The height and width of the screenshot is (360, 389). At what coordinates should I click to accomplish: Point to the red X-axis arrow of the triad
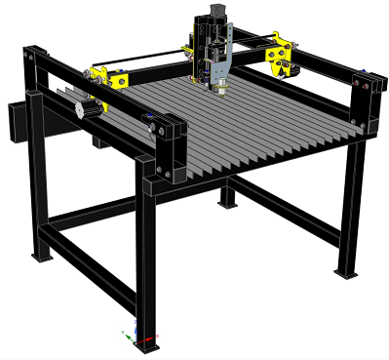tap(150, 339)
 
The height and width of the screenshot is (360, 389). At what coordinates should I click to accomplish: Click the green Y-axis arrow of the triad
tap(127, 338)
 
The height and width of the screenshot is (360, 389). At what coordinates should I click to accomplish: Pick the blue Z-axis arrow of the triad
tap(136, 326)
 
